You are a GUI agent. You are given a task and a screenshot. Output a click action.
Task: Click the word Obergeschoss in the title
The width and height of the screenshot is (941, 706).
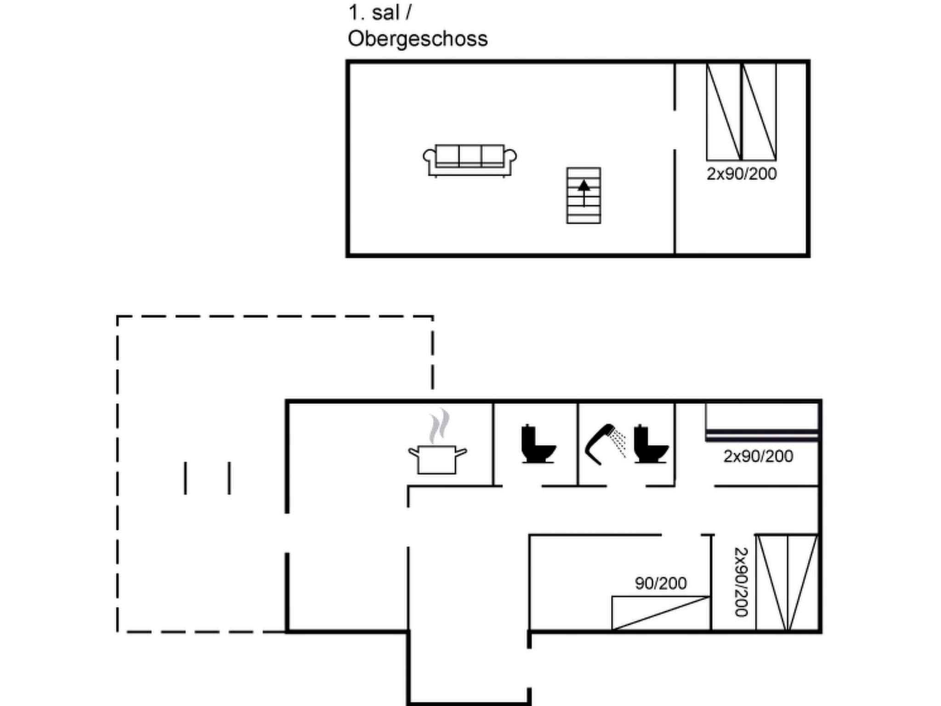417,39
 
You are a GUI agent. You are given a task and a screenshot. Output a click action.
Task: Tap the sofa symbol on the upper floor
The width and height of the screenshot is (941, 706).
470,160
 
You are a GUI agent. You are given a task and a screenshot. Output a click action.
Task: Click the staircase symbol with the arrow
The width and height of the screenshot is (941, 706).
584,196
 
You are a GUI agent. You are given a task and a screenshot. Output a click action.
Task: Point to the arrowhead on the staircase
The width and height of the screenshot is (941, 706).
584,186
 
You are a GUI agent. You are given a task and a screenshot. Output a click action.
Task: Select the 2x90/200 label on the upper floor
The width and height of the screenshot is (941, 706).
741,174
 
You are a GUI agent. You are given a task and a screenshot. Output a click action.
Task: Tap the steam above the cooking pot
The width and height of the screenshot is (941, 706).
439,425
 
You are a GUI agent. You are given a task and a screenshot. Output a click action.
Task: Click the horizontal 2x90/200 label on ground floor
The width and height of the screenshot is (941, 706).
758,456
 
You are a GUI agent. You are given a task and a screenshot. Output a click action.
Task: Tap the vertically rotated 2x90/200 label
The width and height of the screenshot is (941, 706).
741,582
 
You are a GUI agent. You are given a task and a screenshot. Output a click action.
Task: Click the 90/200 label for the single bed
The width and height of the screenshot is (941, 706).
660,583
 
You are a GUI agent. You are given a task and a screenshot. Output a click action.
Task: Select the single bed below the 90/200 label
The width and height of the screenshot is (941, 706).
660,613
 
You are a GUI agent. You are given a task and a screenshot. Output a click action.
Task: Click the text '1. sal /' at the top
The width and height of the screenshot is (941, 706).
380,13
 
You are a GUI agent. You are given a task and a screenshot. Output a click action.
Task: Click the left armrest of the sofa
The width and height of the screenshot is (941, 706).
429,157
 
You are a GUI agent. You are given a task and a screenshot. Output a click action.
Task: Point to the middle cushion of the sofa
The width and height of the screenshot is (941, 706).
470,154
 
